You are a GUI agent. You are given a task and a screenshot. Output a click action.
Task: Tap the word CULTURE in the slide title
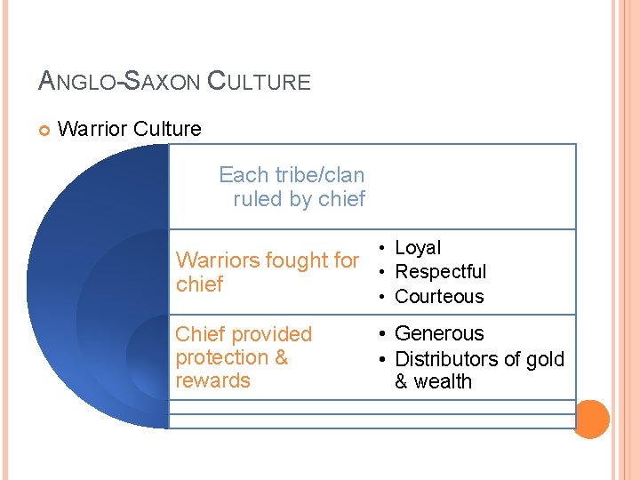point(259,82)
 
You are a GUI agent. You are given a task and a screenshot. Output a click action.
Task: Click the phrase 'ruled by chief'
point(299,199)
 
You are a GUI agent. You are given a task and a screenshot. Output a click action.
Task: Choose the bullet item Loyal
point(418,248)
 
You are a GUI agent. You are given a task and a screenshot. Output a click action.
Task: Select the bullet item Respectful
point(440,272)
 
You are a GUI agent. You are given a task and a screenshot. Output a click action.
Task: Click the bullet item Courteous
point(439,296)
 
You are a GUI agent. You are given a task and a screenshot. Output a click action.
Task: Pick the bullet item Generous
point(439,333)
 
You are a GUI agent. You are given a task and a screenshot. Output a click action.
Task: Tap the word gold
point(545,359)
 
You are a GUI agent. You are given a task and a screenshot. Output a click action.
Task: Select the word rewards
point(212,380)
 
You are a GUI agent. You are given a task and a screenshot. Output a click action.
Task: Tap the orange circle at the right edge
point(592,418)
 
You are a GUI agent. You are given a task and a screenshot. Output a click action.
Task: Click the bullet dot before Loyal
point(380,248)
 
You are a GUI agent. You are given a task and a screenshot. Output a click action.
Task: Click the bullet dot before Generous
point(380,334)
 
